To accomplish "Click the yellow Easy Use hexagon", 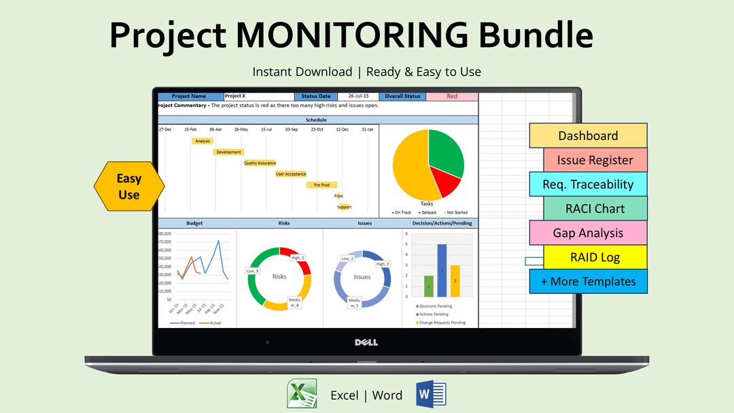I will [128, 186].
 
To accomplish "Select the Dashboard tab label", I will [588, 135].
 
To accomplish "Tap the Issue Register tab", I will [595, 160].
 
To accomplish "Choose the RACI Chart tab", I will [595, 208].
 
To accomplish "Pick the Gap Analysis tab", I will [588, 233].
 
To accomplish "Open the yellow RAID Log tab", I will [595, 257].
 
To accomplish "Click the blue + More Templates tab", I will [588, 281].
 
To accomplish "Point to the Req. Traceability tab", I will [588, 184].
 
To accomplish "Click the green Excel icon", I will [301, 394].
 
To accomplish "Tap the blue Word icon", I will [431, 394].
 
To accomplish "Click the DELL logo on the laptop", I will [366, 342].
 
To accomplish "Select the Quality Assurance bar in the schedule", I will [260, 163].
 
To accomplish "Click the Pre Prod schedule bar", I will [321, 185].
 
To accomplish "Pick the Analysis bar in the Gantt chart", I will [202, 142].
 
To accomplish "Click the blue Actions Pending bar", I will [442, 271].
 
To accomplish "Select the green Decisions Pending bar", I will [428, 286].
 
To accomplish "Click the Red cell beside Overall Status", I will [452, 97].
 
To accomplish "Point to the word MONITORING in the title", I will [373, 35].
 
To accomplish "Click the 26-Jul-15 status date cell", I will [357, 97].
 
